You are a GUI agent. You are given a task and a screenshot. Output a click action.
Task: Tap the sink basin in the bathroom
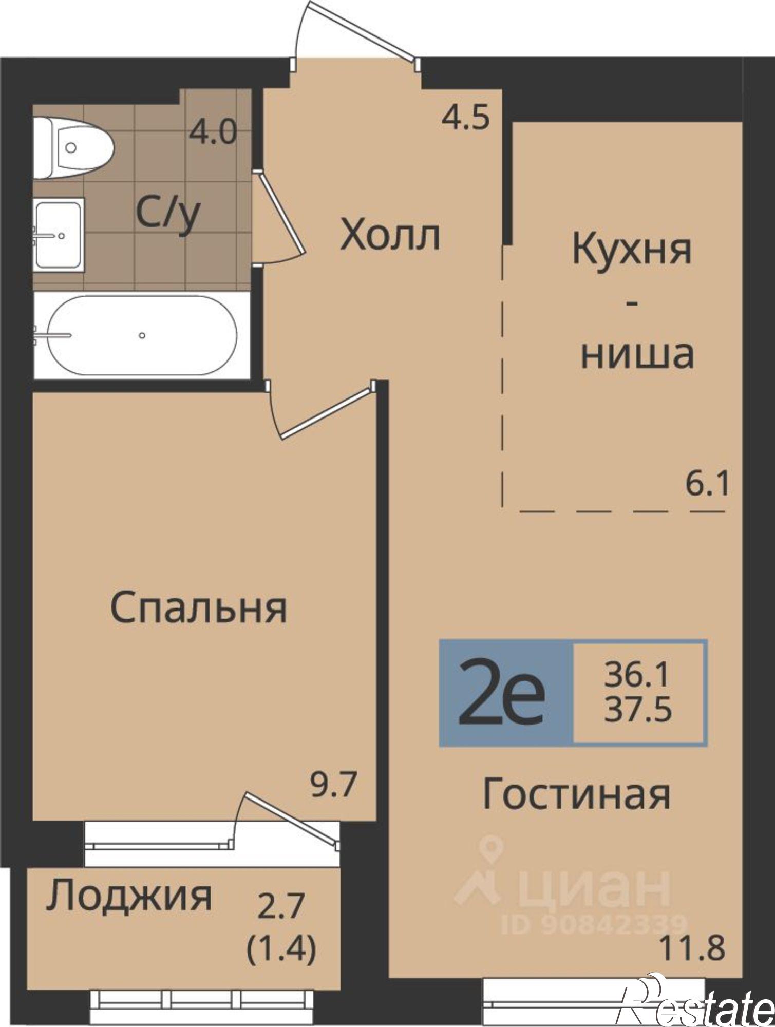(x=58, y=235)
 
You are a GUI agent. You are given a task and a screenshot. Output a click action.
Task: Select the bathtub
(x=141, y=335)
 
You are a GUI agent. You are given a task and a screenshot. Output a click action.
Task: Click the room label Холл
(x=390, y=237)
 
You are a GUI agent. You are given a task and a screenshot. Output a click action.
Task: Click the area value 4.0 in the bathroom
(x=212, y=133)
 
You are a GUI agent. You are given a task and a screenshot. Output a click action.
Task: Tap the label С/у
(x=167, y=215)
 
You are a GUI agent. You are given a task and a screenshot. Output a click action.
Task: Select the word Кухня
(x=631, y=250)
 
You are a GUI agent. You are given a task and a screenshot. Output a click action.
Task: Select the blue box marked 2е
(x=506, y=692)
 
